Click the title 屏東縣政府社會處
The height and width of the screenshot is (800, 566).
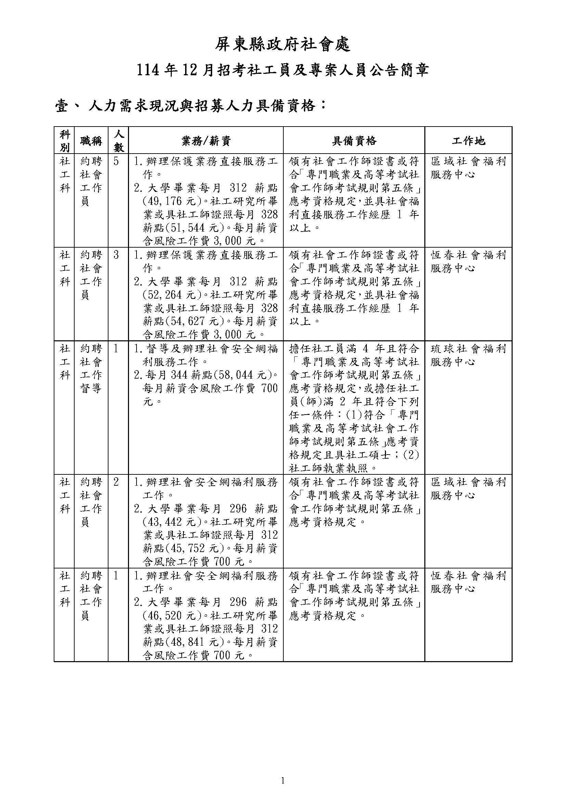tap(282, 45)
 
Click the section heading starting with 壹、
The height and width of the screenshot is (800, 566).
tap(191, 106)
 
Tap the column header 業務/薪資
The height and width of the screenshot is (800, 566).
tap(206, 141)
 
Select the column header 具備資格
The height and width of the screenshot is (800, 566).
tap(354, 141)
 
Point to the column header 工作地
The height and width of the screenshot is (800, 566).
tap(468, 141)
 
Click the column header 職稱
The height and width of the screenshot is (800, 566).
tap(91, 141)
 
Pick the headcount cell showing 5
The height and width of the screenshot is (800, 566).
tap(116, 162)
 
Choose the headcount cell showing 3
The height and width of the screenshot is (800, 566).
tap(116, 255)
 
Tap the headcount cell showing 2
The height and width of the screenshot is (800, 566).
tap(116, 482)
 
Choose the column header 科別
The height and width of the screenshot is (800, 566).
tap(64, 141)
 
